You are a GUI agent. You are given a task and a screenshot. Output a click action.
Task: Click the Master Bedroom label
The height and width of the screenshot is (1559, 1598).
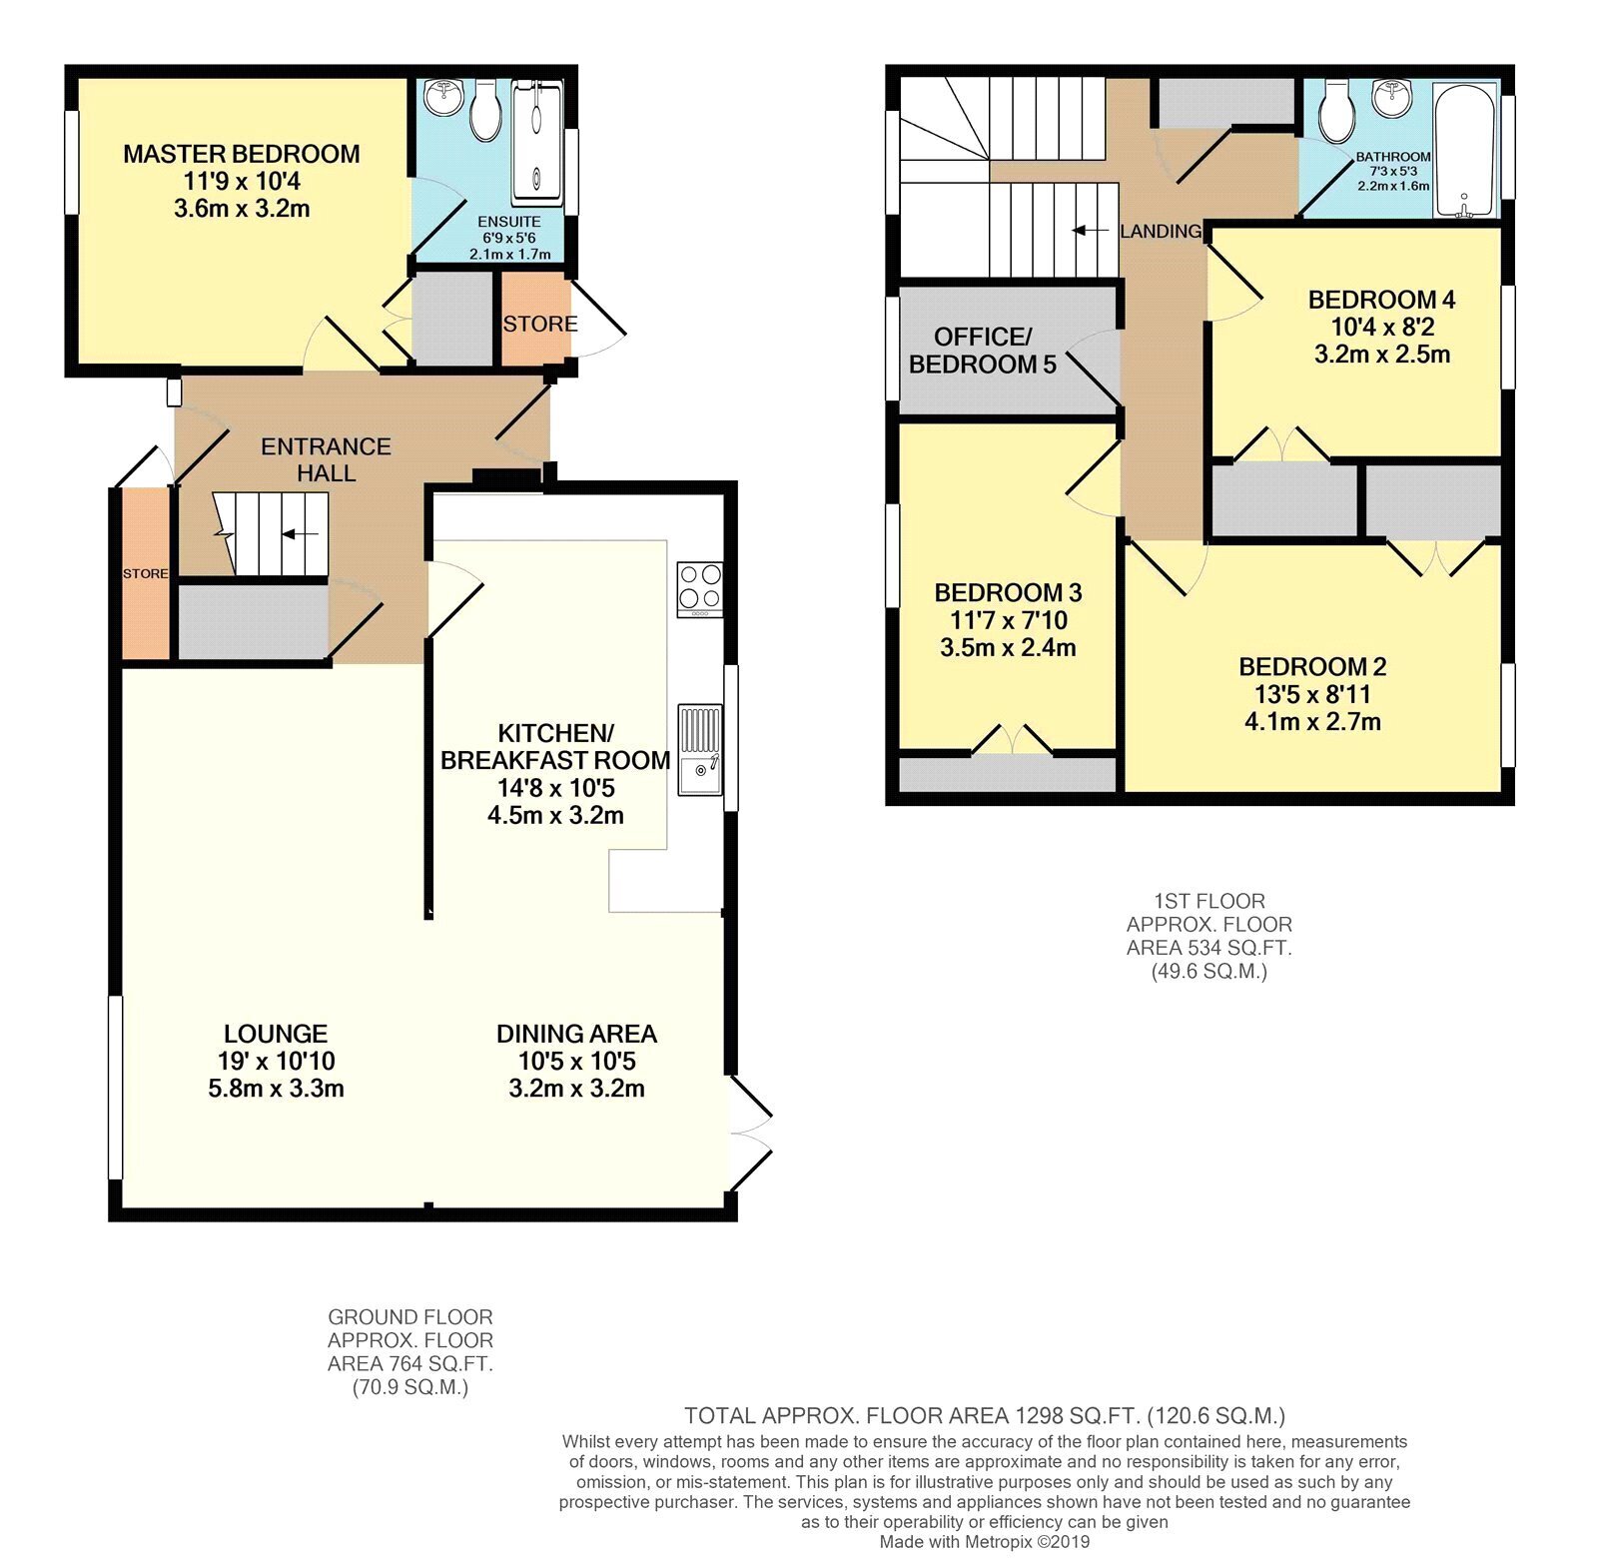coord(242,154)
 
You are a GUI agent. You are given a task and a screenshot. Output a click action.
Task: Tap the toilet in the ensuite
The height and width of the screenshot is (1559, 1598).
coord(486,111)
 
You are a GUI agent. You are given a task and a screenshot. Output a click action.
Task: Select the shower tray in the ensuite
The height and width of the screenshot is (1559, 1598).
coord(537,142)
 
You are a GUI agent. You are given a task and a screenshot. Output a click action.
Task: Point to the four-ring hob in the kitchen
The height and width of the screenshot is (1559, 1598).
coord(700,589)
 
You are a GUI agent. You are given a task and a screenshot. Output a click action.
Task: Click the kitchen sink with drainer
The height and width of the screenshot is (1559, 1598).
coord(700,750)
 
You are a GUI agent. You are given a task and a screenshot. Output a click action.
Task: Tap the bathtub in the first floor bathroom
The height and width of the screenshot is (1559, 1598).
coord(1464,150)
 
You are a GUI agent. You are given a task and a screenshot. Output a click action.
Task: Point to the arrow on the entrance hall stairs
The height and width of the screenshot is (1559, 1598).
coord(300,534)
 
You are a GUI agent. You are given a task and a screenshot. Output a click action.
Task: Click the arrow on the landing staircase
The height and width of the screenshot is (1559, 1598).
coord(1091,231)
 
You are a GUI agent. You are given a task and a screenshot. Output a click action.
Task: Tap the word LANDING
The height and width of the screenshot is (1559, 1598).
coord(1161,231)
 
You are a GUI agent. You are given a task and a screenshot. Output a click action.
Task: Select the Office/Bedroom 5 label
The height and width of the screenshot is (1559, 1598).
coord(982,351)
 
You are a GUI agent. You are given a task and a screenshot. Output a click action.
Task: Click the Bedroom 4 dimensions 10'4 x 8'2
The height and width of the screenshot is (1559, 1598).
coord(1382,327)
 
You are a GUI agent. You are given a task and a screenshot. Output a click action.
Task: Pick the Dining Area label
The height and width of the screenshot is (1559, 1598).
coord(576,1034)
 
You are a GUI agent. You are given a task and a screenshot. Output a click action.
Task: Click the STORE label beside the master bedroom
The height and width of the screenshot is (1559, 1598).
coord(540,324)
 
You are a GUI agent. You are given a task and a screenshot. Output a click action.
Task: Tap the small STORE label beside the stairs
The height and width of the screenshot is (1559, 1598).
coord(146,573)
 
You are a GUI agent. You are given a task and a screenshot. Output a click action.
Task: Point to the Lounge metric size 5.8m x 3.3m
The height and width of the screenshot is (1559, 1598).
coord(277,1089)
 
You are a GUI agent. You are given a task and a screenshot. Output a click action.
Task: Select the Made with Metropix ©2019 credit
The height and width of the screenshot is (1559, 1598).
coord(985,1542)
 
